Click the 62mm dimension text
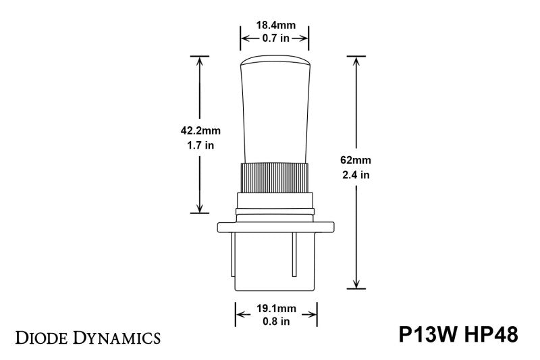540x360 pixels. point(356,161)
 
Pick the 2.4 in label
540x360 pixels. point(356,174)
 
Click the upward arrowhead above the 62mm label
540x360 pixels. point(356,59)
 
